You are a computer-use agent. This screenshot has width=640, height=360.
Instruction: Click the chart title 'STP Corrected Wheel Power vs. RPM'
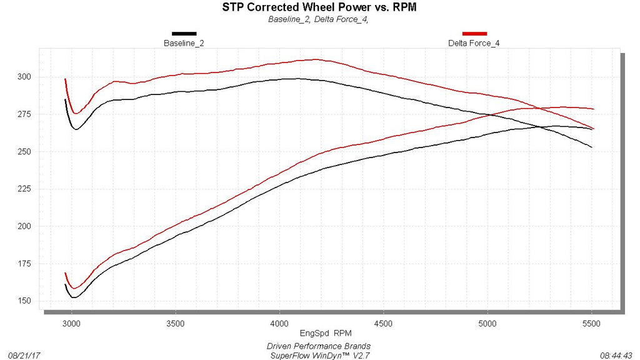319,7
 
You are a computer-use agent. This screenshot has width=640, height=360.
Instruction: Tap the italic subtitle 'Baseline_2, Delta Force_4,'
318,19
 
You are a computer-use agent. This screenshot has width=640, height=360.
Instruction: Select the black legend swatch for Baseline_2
184,34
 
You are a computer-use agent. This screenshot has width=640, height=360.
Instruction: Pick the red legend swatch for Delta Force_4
474,34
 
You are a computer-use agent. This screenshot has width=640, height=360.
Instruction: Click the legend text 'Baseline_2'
184,43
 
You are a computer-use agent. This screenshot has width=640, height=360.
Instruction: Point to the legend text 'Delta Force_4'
474,43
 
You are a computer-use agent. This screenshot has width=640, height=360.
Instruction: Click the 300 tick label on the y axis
24,77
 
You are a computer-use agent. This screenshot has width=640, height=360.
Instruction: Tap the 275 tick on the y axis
24,114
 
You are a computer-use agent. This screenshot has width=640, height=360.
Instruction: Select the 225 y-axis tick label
24,189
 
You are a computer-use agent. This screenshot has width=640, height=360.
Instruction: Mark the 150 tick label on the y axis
24,301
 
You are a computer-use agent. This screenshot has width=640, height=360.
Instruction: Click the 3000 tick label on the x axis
72,324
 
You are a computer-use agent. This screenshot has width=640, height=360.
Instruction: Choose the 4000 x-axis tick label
279,324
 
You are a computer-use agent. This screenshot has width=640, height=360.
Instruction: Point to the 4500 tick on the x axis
383,324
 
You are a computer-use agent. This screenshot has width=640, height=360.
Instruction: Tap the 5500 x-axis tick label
591,324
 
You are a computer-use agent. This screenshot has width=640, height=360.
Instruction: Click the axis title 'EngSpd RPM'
326,334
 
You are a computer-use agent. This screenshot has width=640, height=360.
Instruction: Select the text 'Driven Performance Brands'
319,346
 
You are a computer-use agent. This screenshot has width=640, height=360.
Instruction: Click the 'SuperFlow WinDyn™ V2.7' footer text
320,356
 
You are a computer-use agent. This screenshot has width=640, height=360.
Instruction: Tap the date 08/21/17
24,356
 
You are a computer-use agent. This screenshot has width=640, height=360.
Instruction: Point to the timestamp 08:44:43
616,356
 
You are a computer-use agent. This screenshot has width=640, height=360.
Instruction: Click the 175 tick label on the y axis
24,264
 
